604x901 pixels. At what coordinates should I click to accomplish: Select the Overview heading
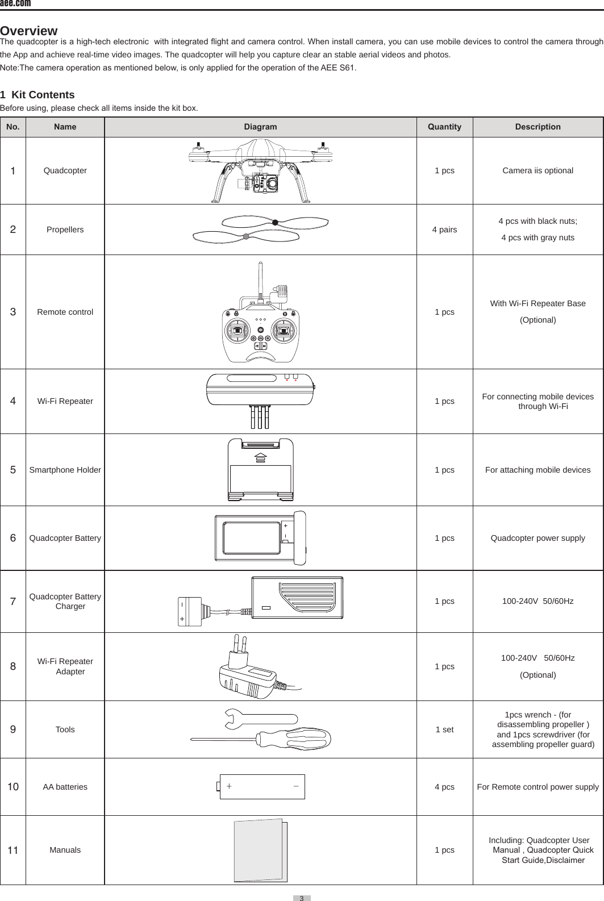click(x=29, y=30)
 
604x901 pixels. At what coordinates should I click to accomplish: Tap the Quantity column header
click(x=444, y=127)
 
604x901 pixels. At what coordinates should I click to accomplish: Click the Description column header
click(x=538, y=127)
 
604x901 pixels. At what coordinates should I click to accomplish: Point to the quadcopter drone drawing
click(x=261, y=170)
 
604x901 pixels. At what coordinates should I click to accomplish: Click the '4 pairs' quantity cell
click(x=444, y=230)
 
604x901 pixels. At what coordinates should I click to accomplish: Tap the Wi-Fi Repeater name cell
click(x=65, y=401)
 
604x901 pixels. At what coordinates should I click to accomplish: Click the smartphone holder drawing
click(x=261, y=470)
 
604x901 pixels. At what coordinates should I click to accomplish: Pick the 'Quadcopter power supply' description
click(x=538, y=538)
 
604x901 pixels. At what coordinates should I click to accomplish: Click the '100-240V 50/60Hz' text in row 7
click(x=538, y=601)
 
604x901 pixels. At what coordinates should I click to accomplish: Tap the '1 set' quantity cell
click(x=444, y=729)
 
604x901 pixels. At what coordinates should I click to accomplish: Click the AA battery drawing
click(x=262, y=787)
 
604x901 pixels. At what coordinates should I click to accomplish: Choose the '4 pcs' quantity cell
click(x=444, y=787)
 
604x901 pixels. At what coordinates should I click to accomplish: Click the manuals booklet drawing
click(x=261, y=850)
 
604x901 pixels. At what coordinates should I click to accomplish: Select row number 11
click(x=13, y=850)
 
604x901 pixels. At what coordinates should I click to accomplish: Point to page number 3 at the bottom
click(x=302, y=898)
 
